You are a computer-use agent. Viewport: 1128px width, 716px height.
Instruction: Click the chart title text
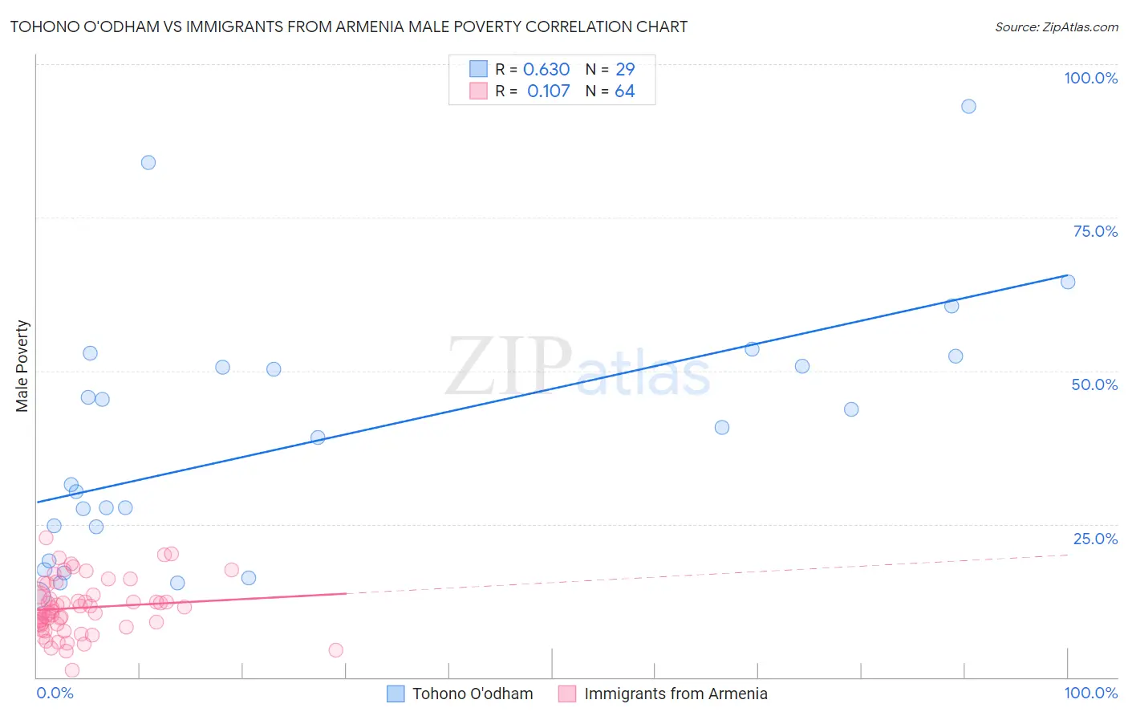[x=348, y=26]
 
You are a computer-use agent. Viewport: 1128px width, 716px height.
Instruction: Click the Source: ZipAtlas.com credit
[x=1056, y=26]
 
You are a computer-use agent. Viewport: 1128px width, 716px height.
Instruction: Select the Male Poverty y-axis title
[x=22, y=366]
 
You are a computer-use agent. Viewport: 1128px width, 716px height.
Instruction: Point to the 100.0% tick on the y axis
[x=1090, y=78]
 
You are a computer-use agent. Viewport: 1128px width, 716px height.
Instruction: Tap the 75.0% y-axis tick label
[x=1095, y=231]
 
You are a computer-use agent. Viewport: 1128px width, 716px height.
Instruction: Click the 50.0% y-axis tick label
[x=1094, y=384]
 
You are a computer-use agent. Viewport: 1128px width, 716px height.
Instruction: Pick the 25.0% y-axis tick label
[x=1095, y=539]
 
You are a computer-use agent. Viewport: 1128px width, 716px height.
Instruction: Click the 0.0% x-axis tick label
[x=55, y=693]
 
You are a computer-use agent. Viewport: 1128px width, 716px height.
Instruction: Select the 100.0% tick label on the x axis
[x=1090, y=693]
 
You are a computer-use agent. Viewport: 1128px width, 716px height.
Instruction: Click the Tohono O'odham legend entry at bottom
[x=472, y=694]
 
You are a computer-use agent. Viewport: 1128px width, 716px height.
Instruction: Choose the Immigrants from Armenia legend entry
[x=676, y=694]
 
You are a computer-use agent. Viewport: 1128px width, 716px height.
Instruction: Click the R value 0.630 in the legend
[x=546, y=70]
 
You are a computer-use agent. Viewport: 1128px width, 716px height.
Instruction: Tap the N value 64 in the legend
[x=625, y=92]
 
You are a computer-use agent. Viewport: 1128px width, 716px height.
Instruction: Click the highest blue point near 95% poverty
[x=968, y=107]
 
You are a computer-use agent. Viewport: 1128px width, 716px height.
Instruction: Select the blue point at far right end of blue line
[x=1068, y=282]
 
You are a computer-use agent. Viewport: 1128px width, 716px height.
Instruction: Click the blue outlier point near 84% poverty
[x=148, y=162]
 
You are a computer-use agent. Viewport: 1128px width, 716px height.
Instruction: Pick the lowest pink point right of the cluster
[x=336, y=650]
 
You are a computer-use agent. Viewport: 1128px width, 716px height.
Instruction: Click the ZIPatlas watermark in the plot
[x=578, y=367]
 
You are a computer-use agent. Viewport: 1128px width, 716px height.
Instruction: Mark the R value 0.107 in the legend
[x=549, y=92]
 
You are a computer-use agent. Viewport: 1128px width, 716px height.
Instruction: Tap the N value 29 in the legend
[x=625, y=70]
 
